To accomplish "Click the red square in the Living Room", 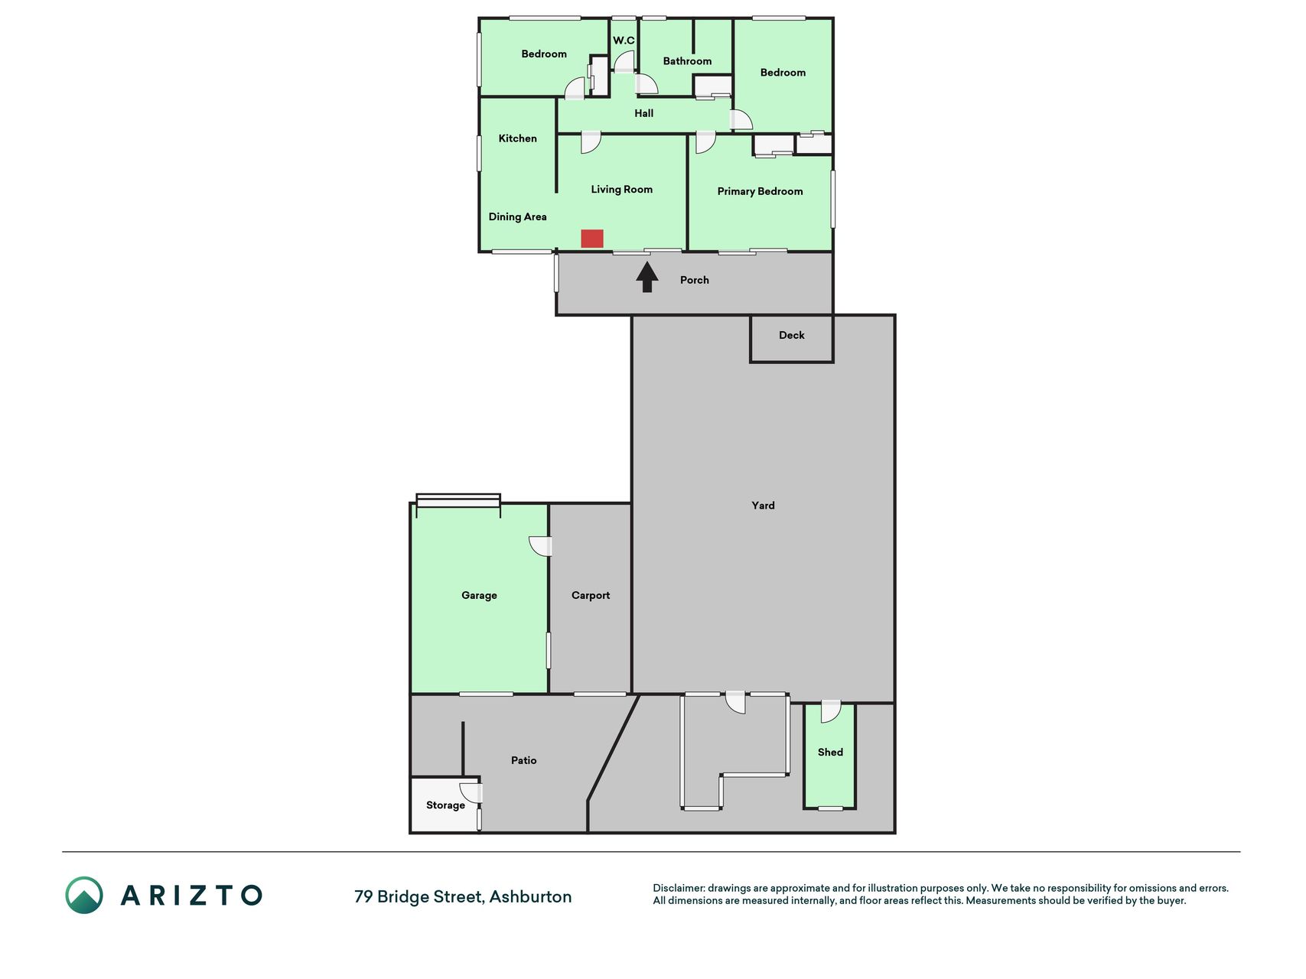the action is coord(592,239).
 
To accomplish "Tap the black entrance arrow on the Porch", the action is coord(647,277).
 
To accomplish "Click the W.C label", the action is coord(624,41).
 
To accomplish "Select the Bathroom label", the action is coord(687,61).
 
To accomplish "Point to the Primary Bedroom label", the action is coord(760,191).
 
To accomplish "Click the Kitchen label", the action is coord(517,138).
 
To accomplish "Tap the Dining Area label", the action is coord(517,216).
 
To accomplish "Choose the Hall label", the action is coord(643,113).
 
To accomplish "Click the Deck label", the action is coord(791,335).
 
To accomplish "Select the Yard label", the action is coord(763,506).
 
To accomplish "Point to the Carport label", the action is coord(591,595).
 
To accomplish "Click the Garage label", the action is coord(479,595).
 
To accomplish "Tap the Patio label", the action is coord(523,760).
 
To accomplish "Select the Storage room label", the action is coord(445,805).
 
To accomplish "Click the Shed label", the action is coord(830,753).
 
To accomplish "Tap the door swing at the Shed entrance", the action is coord(831,712).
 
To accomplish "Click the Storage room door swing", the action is coord(471,793).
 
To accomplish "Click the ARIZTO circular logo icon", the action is coord(84,895).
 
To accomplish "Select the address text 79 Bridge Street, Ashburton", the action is coord(463,896).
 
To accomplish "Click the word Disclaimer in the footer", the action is coord(679,888).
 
